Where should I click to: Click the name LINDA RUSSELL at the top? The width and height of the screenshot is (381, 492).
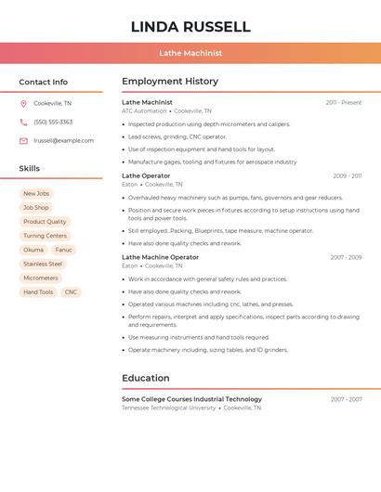[190, 26]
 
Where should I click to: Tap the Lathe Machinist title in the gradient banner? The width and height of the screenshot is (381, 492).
[190, 53]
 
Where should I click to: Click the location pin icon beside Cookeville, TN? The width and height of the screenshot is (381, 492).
[23, 103]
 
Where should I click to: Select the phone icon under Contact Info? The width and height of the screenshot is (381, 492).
[23, 122]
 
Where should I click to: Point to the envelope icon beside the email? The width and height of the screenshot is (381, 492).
[23, 140]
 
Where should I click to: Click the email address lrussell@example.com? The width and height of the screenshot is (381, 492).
[63, 140]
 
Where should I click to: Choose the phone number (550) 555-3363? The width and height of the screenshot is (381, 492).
[53, 122]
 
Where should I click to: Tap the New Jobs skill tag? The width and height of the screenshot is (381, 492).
[36, 194]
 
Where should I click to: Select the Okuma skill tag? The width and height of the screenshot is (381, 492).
[33, 250]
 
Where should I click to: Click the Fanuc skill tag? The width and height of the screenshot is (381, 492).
[63, 250]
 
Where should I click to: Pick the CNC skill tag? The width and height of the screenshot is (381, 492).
[71, 291]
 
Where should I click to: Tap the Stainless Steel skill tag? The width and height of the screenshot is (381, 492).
[43, 264]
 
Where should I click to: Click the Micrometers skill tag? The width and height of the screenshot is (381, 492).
[41, 278]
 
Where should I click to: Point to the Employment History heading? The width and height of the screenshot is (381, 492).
[170, 82]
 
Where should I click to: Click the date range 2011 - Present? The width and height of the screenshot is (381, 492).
[343, 102]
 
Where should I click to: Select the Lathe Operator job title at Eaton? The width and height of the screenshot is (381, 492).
[146, 175]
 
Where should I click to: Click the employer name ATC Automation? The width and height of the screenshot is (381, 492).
[144, 110]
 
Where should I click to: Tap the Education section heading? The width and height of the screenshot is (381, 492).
[145, 378]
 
